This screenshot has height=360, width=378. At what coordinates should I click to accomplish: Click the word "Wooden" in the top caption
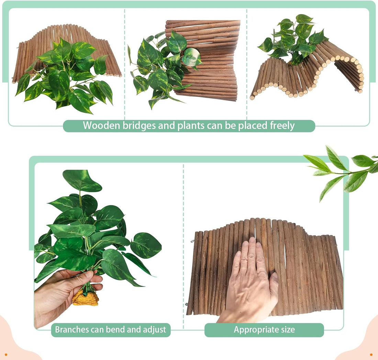(x=101, y=126)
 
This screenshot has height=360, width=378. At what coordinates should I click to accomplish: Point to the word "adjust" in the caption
(x=155, y=329)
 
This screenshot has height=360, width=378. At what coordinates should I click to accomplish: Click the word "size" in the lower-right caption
(x=287, y=329)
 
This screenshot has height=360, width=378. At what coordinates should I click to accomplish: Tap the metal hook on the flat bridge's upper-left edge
(x=192, y=241)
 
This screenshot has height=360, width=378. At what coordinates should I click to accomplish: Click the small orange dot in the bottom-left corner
(x=6, y=355)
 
